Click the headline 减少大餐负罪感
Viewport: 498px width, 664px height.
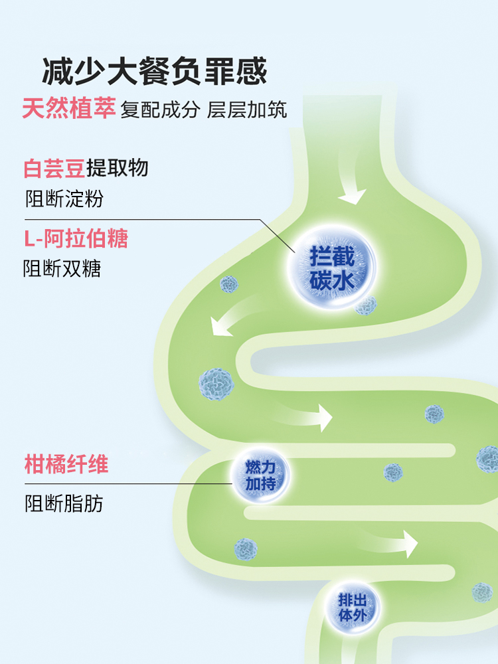click(155, 72)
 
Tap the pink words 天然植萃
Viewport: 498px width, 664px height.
click(69, 108)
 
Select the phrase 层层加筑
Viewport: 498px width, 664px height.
click(247, 110)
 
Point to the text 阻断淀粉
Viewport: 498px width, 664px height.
click(64, 199)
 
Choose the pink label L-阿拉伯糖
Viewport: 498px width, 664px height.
click(76, 238)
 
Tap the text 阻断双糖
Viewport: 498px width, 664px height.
click(62, 269)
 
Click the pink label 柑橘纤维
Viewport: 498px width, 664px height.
click(66, 465)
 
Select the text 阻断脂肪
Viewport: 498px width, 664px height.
click(64, 503)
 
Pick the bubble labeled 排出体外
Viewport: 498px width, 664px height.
click(352, 606)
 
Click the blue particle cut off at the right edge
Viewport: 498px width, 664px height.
click(488, 459)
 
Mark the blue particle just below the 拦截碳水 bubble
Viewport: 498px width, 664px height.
click(366, 305)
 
